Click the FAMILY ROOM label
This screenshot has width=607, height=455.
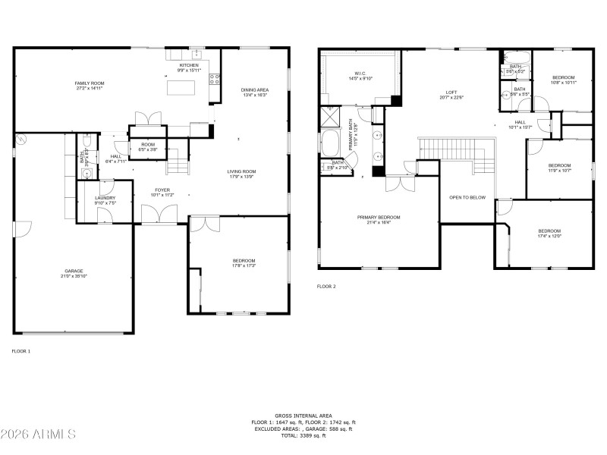90,83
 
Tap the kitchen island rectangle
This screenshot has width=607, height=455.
181,87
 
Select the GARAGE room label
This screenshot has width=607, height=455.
74,271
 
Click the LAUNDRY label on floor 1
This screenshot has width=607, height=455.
105,198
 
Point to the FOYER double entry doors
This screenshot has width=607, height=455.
159,215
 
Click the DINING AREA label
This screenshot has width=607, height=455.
255,90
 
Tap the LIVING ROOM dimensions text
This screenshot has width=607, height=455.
242,177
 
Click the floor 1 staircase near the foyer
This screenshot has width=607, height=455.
176,161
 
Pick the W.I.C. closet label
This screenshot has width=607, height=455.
360,74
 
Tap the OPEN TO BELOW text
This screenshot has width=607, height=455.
467,197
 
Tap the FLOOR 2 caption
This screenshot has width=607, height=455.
326,287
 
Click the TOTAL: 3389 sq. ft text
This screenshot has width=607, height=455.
303,435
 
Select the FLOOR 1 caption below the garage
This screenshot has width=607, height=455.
21,351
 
